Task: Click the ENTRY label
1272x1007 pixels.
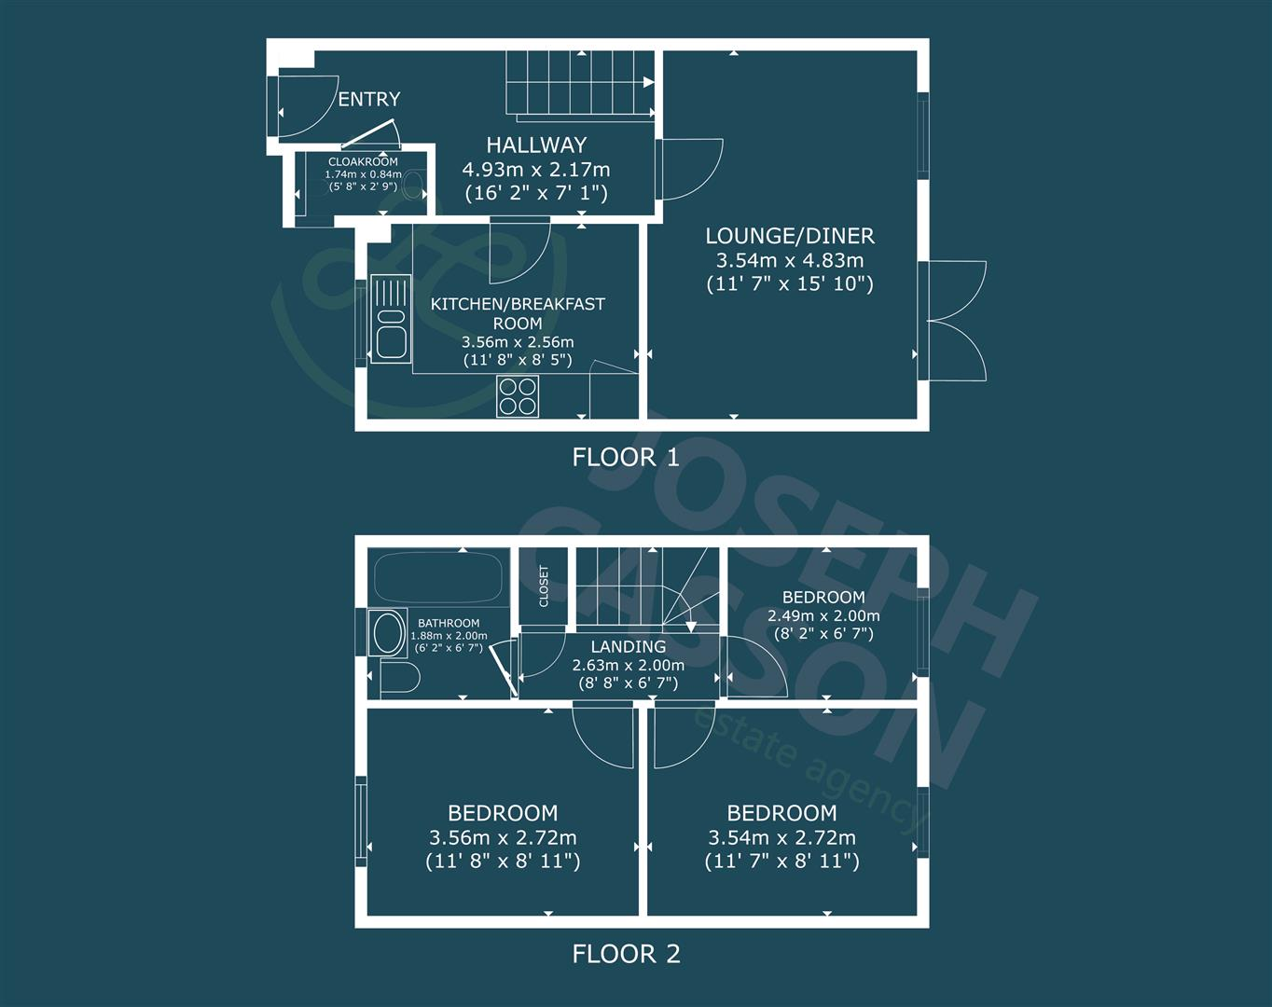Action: point(368,99)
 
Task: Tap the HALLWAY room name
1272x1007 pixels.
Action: point(536,145)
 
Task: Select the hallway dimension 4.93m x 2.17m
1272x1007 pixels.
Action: point(536,169)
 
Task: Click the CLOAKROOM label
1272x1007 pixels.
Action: point(363,162)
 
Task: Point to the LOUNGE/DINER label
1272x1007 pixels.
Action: point(789,236)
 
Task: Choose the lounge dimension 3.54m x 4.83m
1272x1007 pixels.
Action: point(789,260)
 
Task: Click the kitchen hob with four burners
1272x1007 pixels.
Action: point(518,396)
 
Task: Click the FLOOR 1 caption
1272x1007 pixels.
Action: point(626,457)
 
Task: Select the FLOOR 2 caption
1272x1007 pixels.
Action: point(626,954)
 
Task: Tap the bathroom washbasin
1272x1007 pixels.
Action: point(387,634)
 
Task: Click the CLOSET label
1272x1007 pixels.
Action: point(544,585)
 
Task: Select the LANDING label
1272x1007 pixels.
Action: point(628,646)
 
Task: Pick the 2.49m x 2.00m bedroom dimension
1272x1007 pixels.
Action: point(823,615)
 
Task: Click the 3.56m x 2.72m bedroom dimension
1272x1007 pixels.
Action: point(503,837)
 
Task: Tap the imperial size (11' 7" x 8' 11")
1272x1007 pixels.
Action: point(781,861)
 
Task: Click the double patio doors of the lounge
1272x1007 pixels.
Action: point(951,320)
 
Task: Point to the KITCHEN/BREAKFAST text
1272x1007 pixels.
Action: point(518,304)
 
